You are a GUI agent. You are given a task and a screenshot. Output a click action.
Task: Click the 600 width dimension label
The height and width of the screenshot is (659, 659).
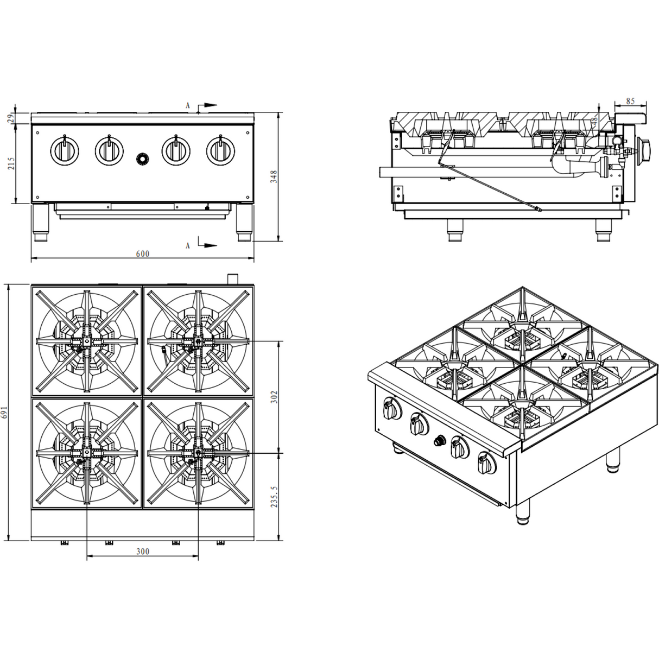click(142, 254)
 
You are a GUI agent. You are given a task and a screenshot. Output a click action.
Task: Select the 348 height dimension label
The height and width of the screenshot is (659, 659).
click(275, 176)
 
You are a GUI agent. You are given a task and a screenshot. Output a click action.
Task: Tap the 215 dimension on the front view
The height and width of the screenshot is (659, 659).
click(11, 163)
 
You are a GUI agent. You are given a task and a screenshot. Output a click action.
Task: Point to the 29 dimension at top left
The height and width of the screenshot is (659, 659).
click(11, 118)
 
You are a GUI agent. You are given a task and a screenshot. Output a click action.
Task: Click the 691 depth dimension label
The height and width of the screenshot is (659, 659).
click(6, 413)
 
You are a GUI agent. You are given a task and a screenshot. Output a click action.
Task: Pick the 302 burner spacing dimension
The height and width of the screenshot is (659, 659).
click(275, 397)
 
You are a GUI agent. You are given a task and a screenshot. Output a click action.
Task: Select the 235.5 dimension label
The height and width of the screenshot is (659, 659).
click(275, 497)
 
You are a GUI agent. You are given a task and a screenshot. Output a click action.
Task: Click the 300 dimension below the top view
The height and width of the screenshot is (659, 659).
click(142, 552)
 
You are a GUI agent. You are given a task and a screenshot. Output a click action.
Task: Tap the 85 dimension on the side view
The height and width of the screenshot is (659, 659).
click(630, 100)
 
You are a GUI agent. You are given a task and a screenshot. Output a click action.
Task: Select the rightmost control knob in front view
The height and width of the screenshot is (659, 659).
click(220, 150)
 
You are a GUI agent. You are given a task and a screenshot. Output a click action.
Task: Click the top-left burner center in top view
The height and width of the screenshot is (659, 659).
click(86, 342)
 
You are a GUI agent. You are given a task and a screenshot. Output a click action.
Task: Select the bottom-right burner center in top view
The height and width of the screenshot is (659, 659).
click(198, 452)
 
